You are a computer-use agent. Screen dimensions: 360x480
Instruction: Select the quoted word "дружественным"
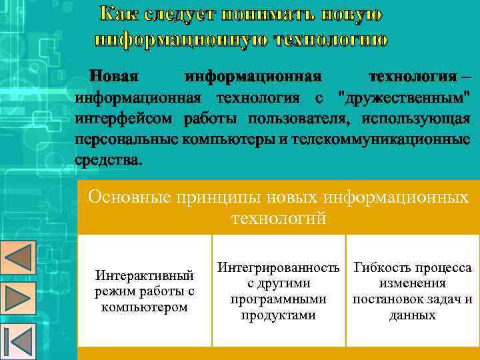[403, 99]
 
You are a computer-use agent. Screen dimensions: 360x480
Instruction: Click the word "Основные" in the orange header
[129, 197]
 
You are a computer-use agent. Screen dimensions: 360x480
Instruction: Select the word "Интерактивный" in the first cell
[145, 275]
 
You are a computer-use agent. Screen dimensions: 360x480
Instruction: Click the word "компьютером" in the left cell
[145, 307]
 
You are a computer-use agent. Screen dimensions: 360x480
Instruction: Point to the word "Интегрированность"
[279, 268]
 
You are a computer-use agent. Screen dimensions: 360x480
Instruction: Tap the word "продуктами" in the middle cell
[279, 315]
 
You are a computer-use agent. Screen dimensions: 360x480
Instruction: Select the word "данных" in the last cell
[413, 315]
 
